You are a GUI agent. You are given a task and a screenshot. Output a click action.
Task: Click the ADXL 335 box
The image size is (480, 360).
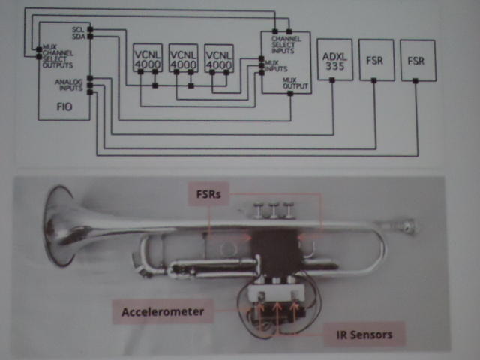[x=333, y=60]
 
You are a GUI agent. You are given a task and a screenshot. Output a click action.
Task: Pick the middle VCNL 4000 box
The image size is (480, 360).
[x=182, y=60]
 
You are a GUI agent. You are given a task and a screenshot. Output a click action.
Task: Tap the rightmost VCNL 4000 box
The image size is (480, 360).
[x=218, y=60]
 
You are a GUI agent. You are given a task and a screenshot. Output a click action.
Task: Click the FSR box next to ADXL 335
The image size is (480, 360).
[x=375, y=60]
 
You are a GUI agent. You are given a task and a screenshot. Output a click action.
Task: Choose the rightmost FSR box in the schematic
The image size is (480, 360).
[x=416, y=60]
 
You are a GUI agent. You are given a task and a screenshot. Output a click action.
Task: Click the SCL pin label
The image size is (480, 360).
[x=78, y=29]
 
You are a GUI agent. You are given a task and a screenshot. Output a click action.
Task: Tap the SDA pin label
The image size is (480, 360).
[x=78, y=36]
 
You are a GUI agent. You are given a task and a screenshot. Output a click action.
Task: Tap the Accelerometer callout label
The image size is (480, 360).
[x=163, y=310]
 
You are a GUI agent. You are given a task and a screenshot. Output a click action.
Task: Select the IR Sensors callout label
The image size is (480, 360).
[x=358, y=334]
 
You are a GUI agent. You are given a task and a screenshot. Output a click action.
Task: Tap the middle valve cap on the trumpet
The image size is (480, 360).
[x=274, y=209]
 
